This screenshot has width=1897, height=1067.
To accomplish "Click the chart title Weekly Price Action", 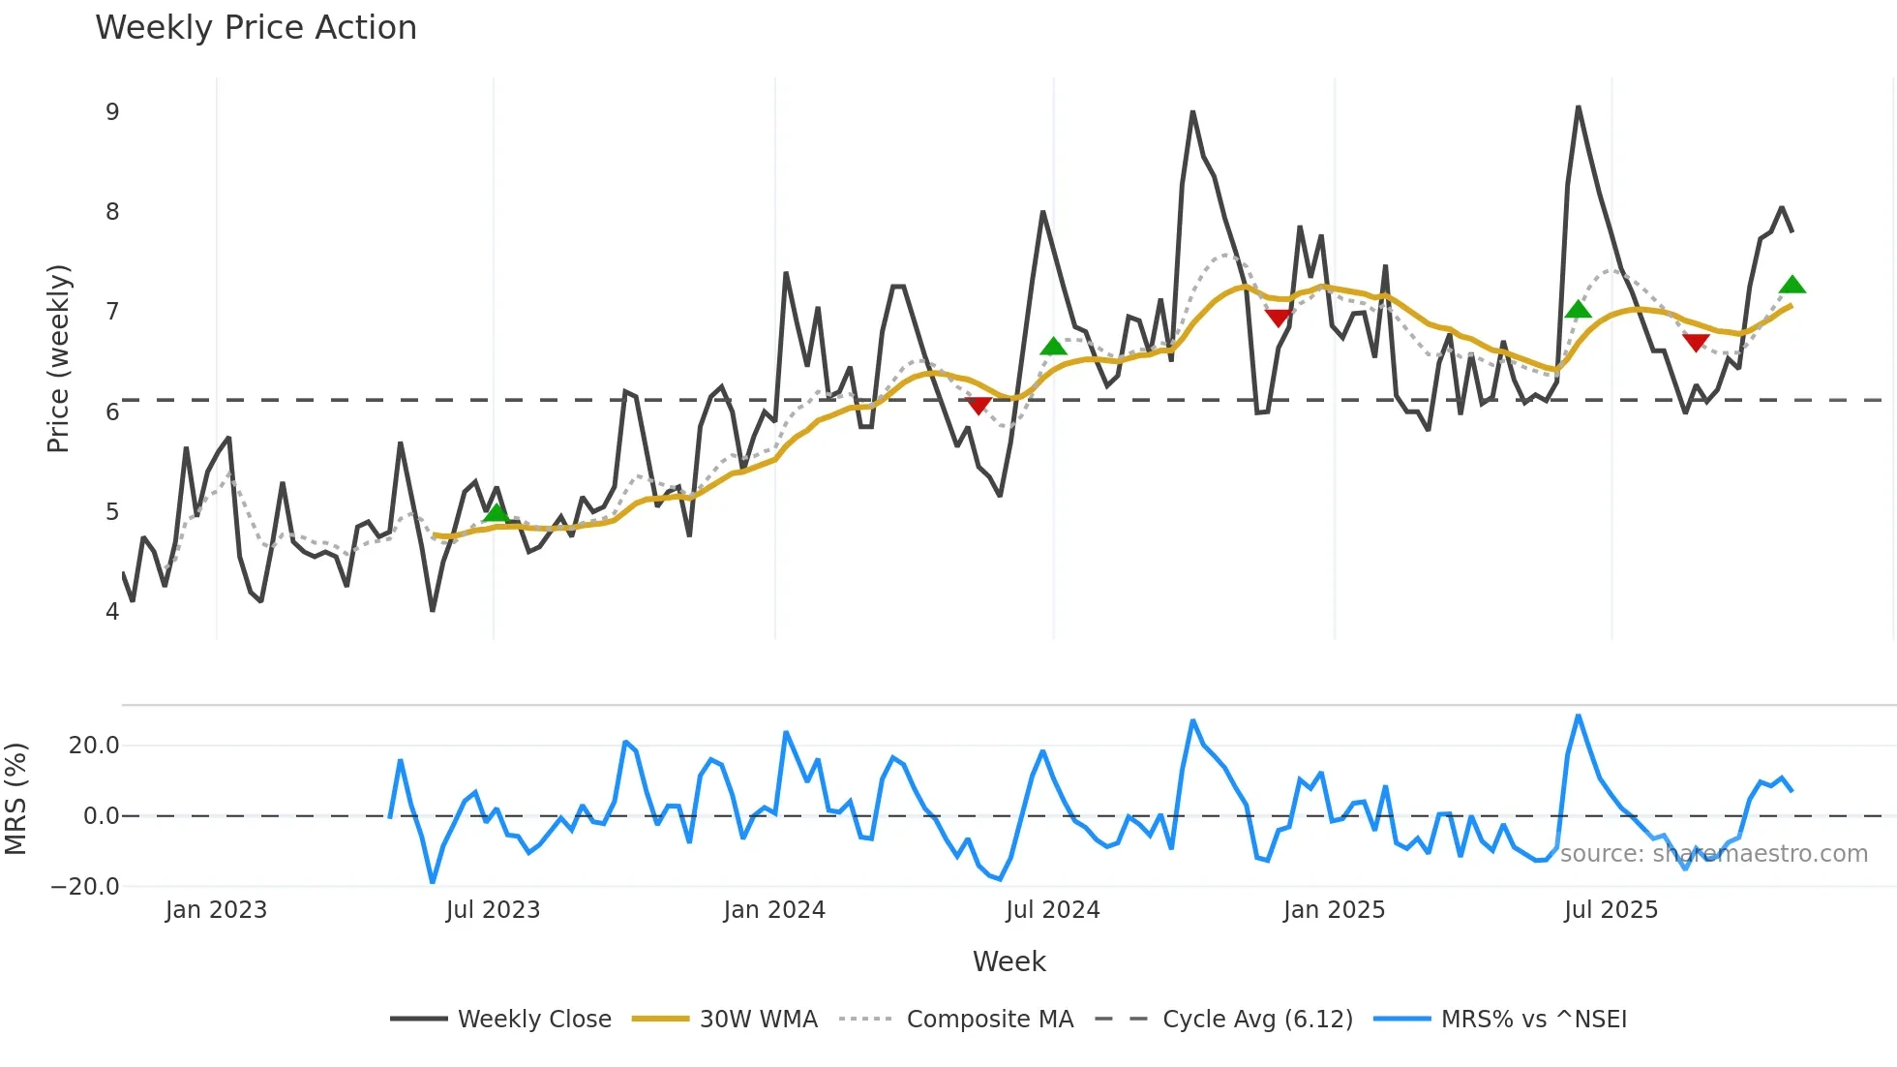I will (256, 28).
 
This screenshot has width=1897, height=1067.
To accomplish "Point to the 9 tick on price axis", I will (112, 112).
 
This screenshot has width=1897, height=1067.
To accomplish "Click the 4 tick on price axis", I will (112, 612).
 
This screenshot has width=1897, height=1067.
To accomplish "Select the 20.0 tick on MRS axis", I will (94, 746).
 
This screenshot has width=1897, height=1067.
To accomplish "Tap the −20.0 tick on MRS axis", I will (85, 887).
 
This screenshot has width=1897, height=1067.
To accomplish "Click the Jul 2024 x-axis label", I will (1053, 910).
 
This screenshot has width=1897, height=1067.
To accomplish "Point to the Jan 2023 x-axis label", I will (216, 910).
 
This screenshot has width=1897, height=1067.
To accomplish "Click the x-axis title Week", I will (1009, 961).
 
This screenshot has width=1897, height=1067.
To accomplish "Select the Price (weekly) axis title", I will (58, 358).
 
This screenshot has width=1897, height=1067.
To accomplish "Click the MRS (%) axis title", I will (15, 799).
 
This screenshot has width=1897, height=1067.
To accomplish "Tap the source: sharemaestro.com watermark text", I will (1713, 854).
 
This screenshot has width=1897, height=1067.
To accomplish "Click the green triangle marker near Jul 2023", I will (496, 513).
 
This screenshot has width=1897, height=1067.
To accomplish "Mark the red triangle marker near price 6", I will (979, 405).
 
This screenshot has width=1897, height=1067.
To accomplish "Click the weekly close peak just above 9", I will (1578, 107).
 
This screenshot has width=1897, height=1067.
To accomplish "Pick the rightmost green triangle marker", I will (1792, 285).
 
